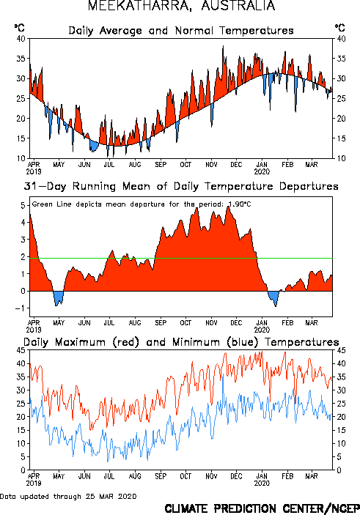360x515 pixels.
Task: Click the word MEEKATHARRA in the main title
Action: [x=140, y=6]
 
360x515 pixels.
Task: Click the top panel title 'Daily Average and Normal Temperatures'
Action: [x=181, y=31]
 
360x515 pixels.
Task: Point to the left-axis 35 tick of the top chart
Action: [x=21, y=59]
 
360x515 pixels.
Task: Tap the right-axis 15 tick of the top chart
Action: [x=341, y=138]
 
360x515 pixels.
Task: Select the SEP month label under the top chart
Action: [x=161, y=164]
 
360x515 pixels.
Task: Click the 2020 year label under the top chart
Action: [x=262, y=171]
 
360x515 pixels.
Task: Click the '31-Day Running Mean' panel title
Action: [x=181, y=186]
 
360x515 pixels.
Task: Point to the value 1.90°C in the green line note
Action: [x=240, y=204]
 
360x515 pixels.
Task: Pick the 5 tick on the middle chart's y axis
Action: [x=23, y=206]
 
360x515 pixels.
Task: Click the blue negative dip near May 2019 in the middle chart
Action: [x=59, y=298]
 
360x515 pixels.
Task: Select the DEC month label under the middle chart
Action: [x=236, y=323]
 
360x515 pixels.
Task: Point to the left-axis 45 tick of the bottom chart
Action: [x=21, y=350]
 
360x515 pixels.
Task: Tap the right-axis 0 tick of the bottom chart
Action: [x=339, y=470]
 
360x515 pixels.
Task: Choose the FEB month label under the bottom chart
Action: [x=287, y=476]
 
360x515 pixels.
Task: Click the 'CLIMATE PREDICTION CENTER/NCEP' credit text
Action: [x=262, y=508]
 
